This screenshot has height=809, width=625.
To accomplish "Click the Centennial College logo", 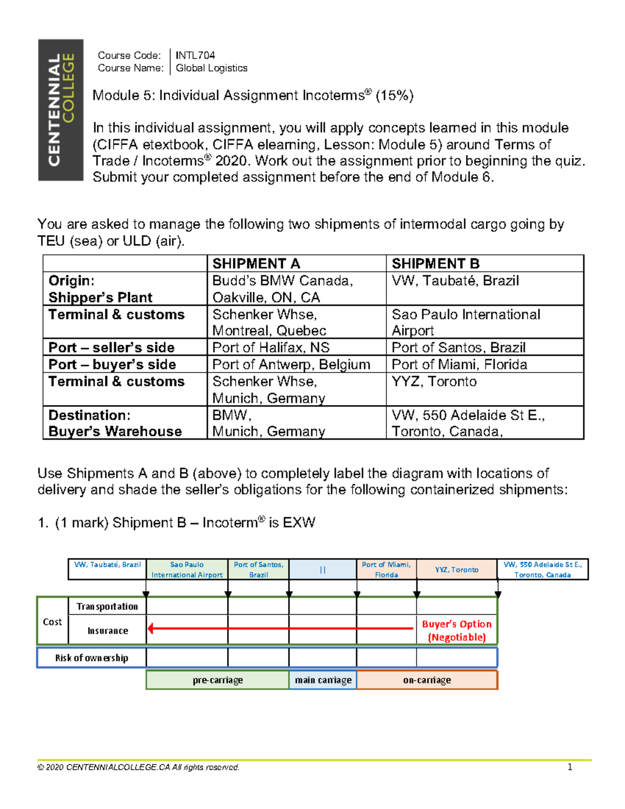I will [x=60, y=110].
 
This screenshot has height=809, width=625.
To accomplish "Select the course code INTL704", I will [x=195, y=55].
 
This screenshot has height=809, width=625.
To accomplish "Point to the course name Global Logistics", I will [x=211, y=68].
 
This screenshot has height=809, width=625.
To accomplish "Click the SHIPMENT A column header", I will [x=256, y=264].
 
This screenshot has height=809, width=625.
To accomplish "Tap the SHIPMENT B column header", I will [x=435, y=264].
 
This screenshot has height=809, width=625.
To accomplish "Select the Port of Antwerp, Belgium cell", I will [x=291, y=364].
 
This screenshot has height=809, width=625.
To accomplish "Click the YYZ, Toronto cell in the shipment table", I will [x=434, y=382].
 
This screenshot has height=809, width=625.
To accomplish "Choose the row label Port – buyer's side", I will [x=112, y=364].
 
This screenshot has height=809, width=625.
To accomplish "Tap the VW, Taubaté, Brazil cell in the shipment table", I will [x=455, y=281].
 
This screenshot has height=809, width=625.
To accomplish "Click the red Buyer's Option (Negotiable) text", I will [x=457, y=630].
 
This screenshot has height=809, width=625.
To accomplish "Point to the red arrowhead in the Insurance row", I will [x=151, y=628].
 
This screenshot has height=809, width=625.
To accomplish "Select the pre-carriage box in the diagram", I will [x=218, y=680].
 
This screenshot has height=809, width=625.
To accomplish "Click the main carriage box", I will [x=323, y=680].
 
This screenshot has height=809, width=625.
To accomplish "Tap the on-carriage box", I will [x=427, y=680].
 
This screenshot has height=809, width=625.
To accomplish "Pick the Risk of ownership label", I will [x=92, y=658].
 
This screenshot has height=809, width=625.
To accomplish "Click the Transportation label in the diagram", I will [x=107, y=606].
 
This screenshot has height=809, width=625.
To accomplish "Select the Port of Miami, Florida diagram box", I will [x=386, y=569].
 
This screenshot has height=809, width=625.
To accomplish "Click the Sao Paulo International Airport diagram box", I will [x=187, y=569].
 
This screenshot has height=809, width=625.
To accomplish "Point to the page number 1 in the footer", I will [x=570, y=767].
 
